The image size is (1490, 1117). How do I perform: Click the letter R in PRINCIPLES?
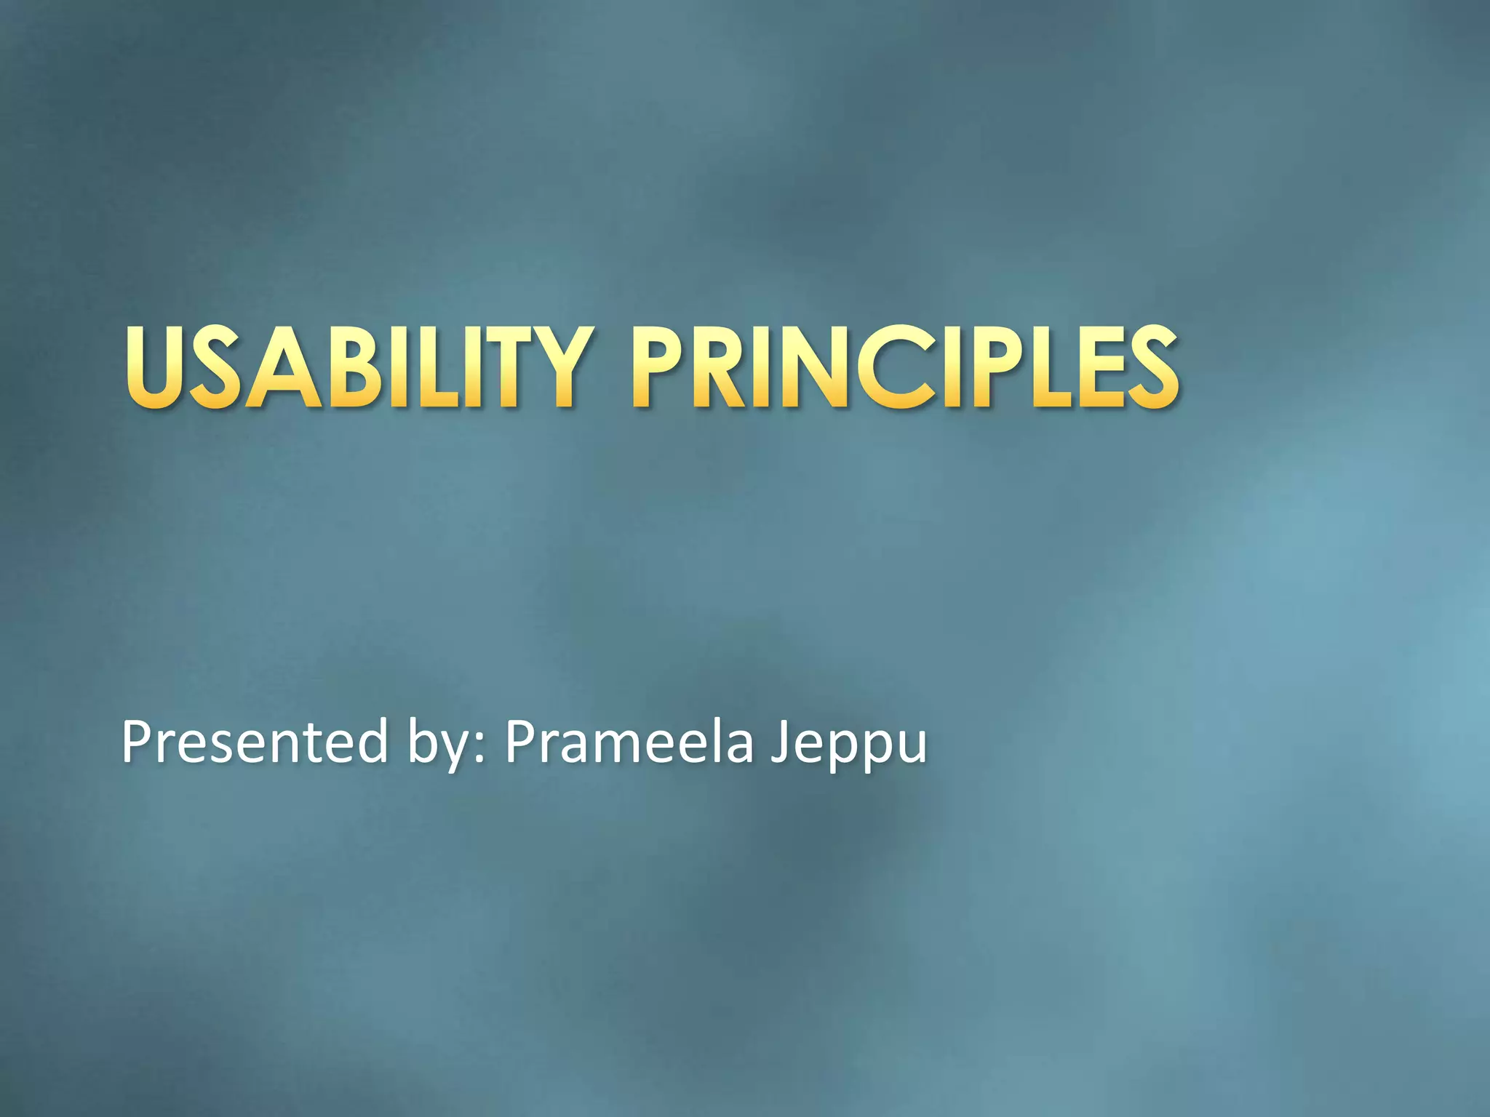[721, 368]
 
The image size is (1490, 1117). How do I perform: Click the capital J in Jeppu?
[781, 742]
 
